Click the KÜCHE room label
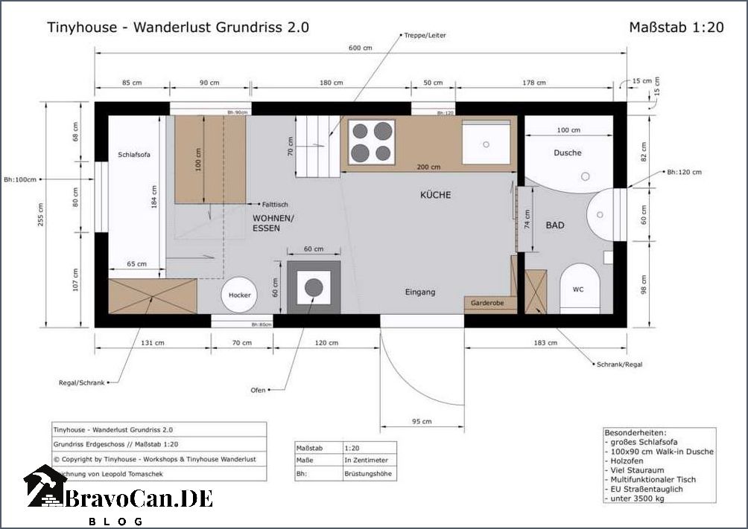[x=435, y=195]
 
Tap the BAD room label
[x=554, y=225]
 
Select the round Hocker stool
[x=239, y=295]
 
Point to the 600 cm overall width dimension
[x=360, y=48]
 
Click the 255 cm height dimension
[x=41, y=217]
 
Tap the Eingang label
[x=419, y=292]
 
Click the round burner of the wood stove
[x=314, y=287]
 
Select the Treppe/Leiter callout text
[x=425, y=35]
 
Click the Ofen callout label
[x=258, y=389]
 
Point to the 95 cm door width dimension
[x=422, y=422]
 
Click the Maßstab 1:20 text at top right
[x=676, y=28]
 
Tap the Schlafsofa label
[x=134, y=155]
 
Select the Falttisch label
[x=275, y=204]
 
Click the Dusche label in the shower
[x=567, y=153]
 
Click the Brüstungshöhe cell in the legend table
[x=369, y=472]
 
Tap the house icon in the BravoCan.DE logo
[x=45, y=487]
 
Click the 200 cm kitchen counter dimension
[x=428, y=167]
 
